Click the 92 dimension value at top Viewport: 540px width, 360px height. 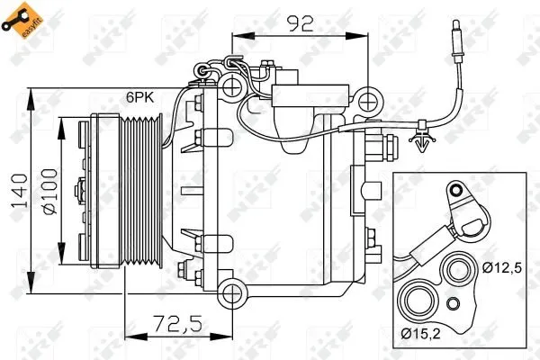pos(301,23)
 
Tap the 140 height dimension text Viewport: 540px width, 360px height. pos(20,191)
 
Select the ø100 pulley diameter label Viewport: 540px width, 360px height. pos(50,192)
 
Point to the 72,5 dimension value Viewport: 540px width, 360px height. pos(177,323)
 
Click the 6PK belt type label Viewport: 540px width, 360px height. pos(139,97)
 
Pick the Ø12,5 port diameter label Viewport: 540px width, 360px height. pos(502,267)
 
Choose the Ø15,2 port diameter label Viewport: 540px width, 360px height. pos(421,334)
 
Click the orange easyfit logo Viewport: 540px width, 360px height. pos(22,21)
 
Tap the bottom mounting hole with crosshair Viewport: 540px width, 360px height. pos(232,294)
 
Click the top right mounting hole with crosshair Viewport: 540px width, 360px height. pos(369,102)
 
